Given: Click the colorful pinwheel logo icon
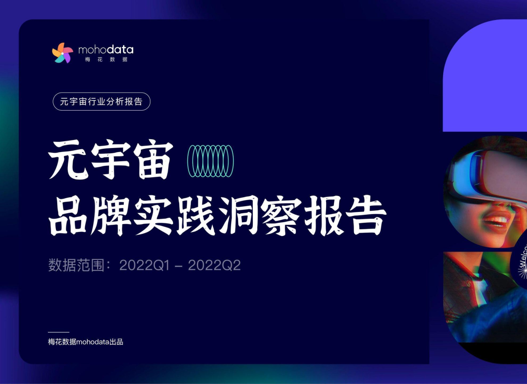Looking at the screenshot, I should (x=63, y=52).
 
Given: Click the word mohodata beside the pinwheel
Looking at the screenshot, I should (x=106, y=49).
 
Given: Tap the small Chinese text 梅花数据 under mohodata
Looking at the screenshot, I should (x=106, y=60).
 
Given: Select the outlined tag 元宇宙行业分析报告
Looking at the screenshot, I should (x=102, y=101).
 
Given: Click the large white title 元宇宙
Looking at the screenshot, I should (x=110, y=160).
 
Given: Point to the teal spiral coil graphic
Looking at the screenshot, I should (x=210, y=161).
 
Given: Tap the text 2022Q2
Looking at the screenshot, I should (x=214, y=266).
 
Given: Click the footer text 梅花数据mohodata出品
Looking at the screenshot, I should (x=86, y=342).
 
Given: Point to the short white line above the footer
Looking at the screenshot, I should (x=59, y=332).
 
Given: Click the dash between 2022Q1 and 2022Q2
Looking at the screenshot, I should (x=179, y=266).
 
